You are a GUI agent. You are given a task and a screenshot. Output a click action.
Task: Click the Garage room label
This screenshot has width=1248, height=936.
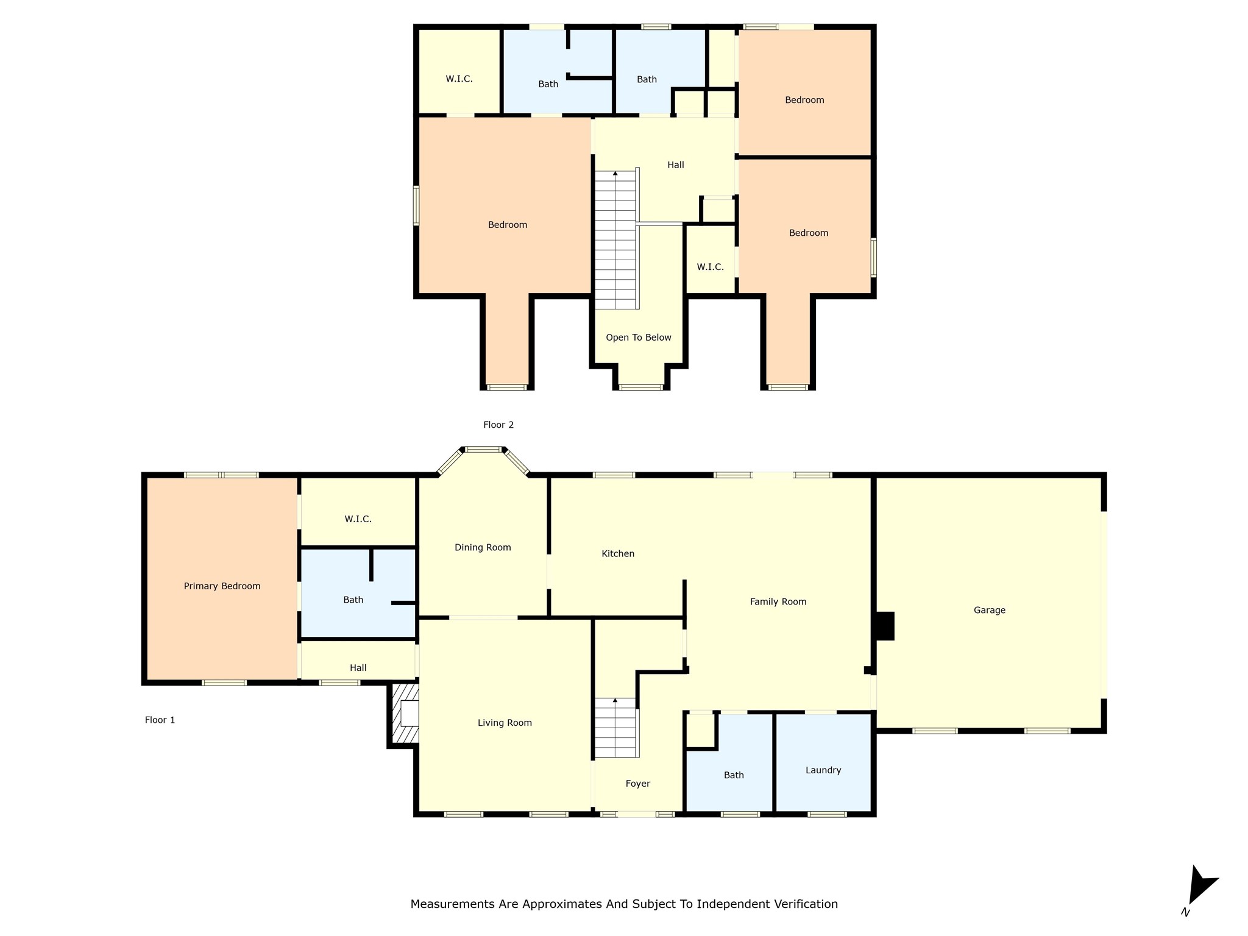coord(989,610)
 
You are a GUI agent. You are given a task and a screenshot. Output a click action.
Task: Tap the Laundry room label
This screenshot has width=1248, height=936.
coord(823,770)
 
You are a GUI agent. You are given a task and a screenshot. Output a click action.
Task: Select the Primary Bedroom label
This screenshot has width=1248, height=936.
coord(222,586)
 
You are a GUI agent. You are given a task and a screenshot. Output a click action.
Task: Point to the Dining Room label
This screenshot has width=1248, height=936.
coord(483,547)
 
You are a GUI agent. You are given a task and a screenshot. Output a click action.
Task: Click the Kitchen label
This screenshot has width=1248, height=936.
coord(618,553)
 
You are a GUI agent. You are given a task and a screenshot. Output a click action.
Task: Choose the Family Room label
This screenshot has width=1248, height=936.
coord(778,602)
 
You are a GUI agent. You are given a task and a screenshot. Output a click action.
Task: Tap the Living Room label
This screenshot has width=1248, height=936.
coord(505,723)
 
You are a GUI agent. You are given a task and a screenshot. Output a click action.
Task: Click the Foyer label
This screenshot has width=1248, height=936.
coord(638,784)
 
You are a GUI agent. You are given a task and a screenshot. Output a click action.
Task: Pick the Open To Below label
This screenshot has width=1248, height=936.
coord(639,338)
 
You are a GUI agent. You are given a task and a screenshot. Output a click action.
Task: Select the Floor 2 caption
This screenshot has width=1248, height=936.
coord(498,425)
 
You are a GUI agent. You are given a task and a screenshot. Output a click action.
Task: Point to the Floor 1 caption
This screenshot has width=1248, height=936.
coord(160,720)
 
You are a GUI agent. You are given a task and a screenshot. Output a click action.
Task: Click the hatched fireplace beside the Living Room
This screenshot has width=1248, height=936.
coord(405,713)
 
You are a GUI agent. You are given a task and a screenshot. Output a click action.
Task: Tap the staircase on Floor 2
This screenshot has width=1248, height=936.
coord(617,239)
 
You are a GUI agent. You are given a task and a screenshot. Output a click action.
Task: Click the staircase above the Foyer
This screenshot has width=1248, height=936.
coord(617,728)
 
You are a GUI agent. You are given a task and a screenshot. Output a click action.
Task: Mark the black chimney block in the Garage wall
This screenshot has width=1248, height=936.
coord(885,626)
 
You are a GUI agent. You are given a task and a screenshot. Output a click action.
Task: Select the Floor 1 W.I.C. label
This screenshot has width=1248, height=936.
coord(358,519)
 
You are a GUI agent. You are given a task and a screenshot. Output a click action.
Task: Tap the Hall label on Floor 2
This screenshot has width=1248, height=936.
coord(676,165)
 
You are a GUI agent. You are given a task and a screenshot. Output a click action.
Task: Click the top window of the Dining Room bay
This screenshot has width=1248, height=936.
coord(483,450)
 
